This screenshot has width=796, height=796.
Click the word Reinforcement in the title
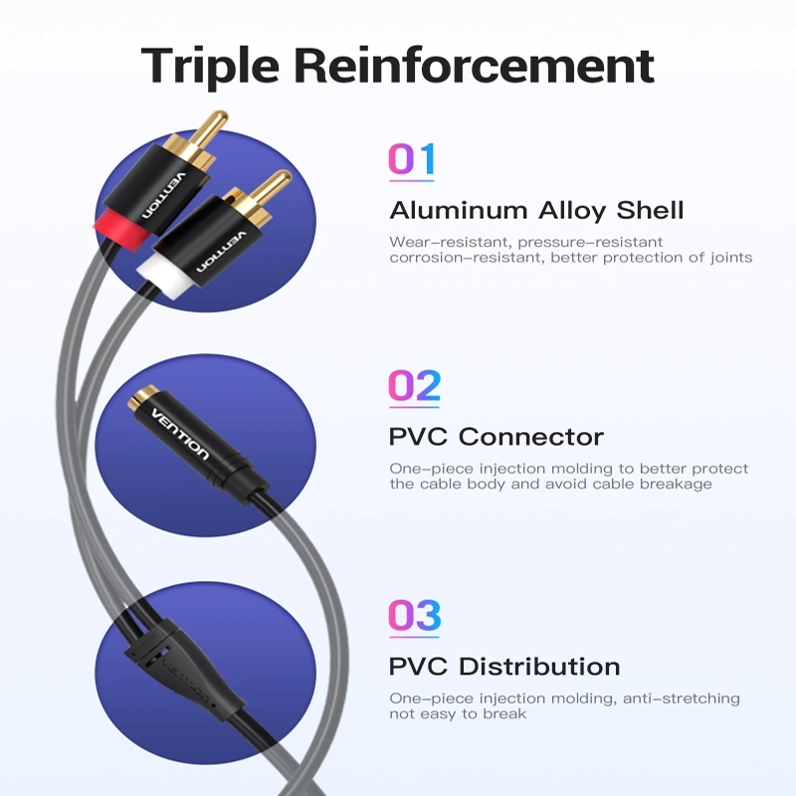point(475,65)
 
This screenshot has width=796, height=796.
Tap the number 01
point(412,159)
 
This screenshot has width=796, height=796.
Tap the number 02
point(414,386)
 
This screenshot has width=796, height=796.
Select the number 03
point(414,615)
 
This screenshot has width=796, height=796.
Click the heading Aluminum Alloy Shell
point(536,210)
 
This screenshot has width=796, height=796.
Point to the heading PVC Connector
point(496,437)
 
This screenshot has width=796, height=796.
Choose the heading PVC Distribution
point(504,667)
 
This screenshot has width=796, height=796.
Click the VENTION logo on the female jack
point(180,434)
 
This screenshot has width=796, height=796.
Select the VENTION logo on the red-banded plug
point(164,196)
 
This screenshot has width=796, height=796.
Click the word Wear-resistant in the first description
point(450,242)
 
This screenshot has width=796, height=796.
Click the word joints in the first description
point(731,258)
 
